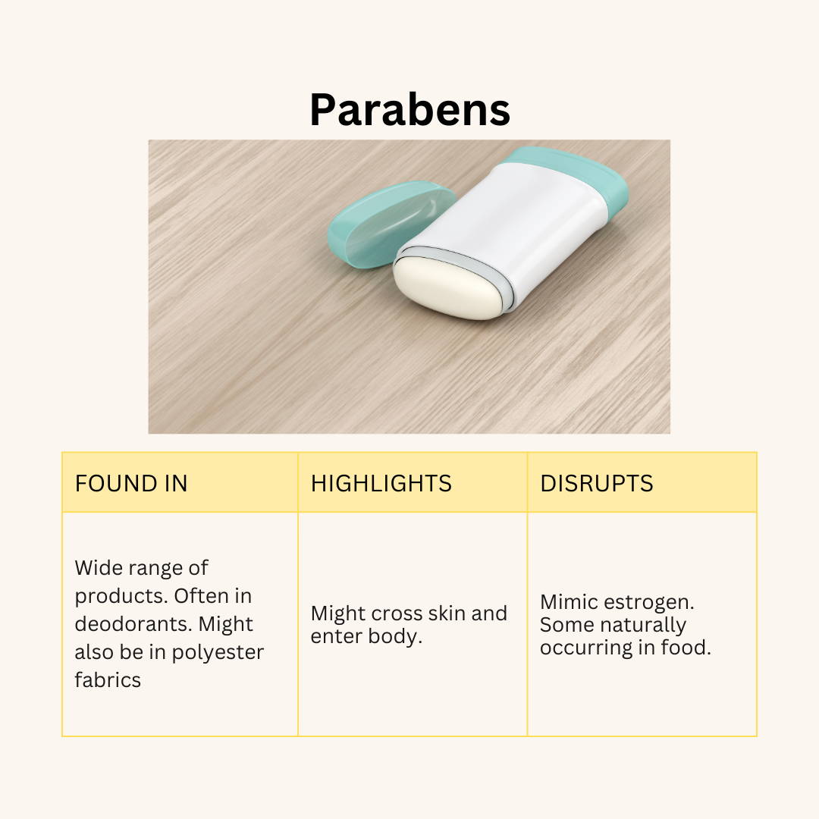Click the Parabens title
point(409,110)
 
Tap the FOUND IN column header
point(131,483)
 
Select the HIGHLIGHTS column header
point(381,483)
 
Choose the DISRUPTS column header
point(597,483)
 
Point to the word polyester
point(218,653)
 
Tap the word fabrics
point(108,680)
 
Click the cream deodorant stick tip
point(447,288)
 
